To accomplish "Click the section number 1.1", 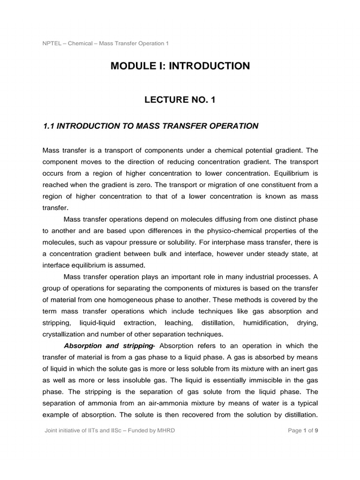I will click(x=49, y=126).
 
